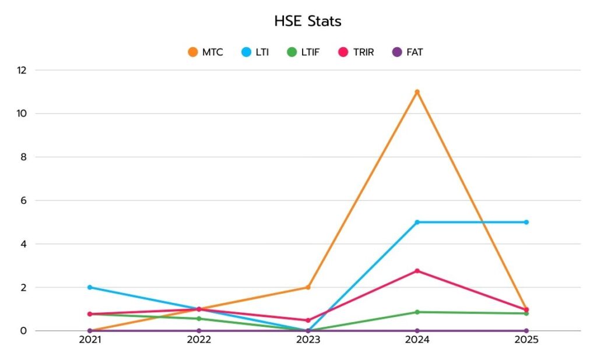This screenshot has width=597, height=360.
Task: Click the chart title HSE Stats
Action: [307, 22]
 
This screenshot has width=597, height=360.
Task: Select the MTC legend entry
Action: [206, 52]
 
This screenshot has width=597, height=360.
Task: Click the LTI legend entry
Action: [255, 52]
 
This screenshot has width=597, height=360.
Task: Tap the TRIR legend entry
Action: [356, 52]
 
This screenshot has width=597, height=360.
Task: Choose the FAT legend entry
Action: [408, 52]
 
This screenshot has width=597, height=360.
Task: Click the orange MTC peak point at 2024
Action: [417, 92]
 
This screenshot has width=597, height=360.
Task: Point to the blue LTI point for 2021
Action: [90, 287]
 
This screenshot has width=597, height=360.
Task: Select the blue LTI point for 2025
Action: [526, 222]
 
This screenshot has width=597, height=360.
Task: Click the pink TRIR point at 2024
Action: [417, 271]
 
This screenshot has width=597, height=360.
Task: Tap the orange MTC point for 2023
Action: [308, 287]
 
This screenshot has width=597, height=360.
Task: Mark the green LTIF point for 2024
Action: [417, 312]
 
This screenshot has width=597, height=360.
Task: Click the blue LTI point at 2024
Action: [417, 222]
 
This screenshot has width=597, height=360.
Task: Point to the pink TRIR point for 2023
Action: [308, 320]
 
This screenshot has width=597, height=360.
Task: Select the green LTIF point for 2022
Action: [199, 319]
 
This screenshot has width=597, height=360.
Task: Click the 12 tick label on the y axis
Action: [22, 70]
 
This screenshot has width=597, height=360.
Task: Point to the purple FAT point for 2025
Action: [526, 331]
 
